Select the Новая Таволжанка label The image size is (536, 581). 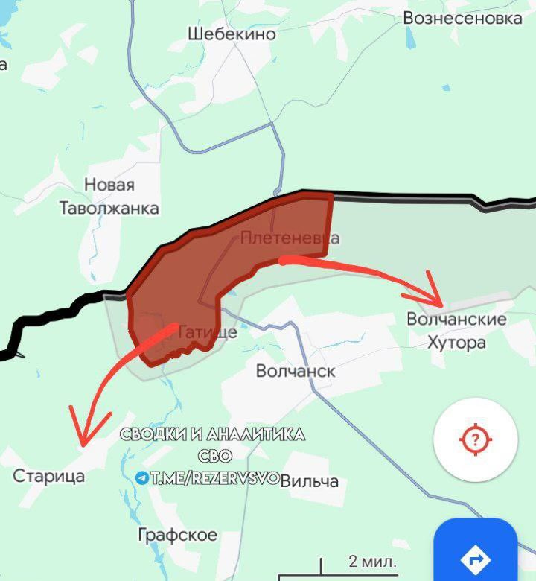pos(109,197)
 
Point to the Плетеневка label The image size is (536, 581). pos(290,238)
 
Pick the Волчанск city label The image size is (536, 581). pos(296,371)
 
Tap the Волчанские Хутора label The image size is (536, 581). pos(456,331)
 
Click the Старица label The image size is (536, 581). pos(49,476)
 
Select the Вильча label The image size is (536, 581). pos(310,481)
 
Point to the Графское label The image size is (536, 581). pos(178,535)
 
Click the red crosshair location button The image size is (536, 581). pos(475,439)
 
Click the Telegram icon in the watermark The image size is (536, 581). pos(141,478)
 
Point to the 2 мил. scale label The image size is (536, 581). pos(372,561)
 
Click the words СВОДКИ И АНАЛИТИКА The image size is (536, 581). pos(212,436)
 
